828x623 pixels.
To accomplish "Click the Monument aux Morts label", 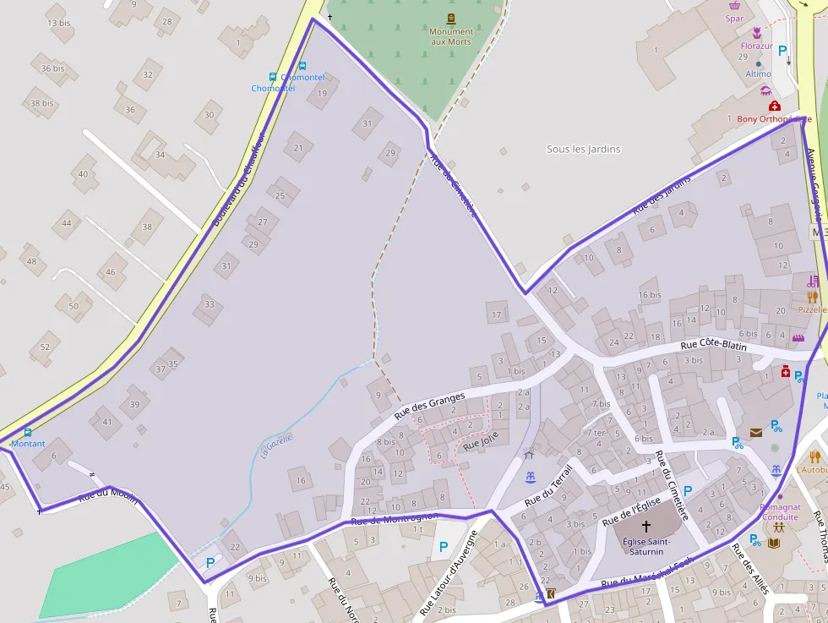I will click(451, 37).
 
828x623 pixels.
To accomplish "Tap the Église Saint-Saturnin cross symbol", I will click(646, 526).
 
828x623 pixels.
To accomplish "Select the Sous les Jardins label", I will click(583, 150).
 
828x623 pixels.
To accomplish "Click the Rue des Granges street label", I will click(429, 407).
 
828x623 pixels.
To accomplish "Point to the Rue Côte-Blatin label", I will click(713, 344).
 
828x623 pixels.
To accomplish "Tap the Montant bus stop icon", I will click(28, 433).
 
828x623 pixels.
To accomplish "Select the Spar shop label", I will click(734, 19).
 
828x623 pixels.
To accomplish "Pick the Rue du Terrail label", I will click(548, 485).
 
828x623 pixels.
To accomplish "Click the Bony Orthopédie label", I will click(773, 119).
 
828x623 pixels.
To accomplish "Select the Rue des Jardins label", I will click(662, 193).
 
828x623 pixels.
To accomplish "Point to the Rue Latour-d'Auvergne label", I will click(449, 572).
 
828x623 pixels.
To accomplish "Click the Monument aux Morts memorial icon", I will click(451, 18).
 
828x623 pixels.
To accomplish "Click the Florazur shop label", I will click(756, 46).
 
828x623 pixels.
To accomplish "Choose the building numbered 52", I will click(45, 347).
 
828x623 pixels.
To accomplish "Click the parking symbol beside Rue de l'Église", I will click(688, 490).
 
